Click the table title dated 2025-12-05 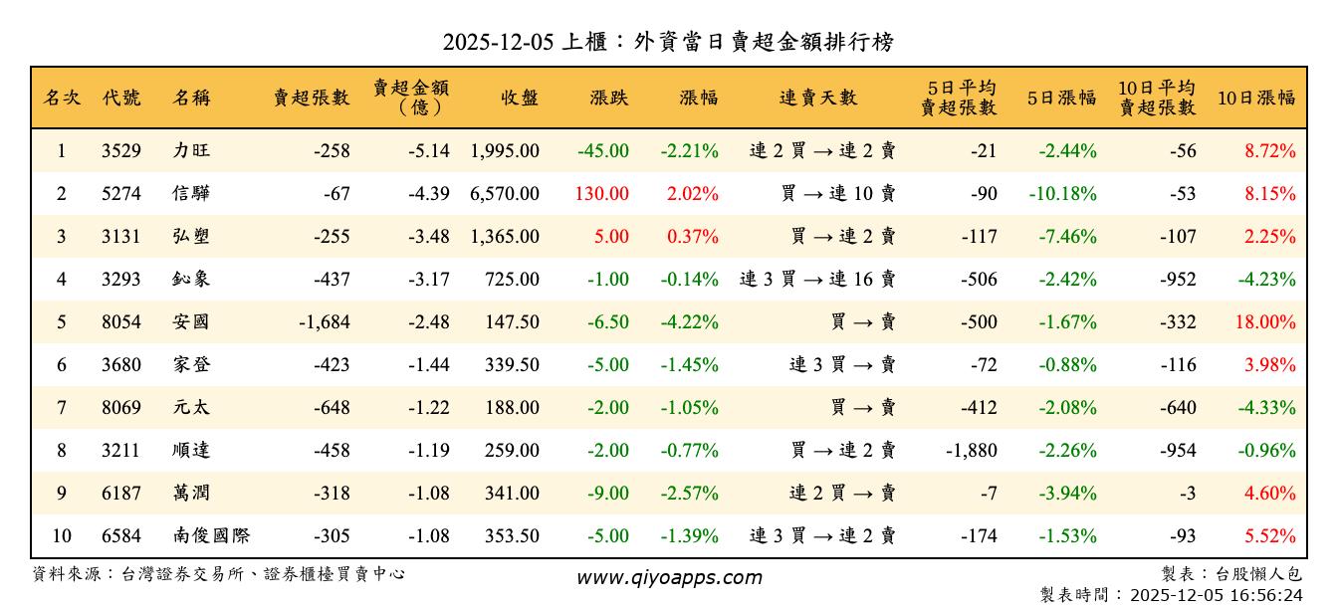pos(668,42)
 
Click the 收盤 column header pos(520,98)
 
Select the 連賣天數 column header pos(817,98)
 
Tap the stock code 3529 pos(121,151)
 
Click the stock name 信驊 pos(191,194)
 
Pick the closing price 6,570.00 pos(505,194)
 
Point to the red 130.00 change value pos(601,194)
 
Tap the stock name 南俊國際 pos(210,536)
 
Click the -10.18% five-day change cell pos(1063,194)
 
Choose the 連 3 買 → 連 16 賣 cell pos(817,280)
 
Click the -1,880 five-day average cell pos(971,451)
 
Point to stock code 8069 pos(121,408)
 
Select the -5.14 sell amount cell pos(429,151)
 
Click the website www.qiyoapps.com pos(669,577)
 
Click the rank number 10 pos(62,536)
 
